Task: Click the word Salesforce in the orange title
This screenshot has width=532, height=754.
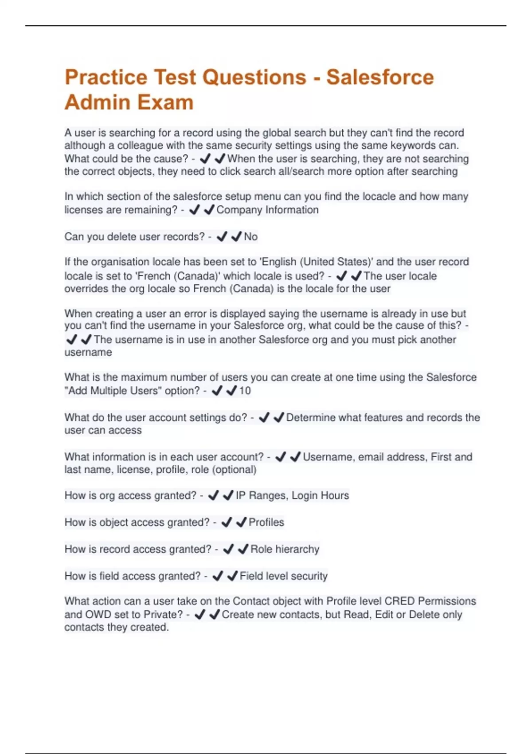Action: [380, 77]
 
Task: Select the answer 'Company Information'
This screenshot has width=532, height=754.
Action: [267, 210]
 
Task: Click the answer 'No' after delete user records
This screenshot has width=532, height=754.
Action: [250, 237]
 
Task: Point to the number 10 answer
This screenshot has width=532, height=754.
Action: [245, 391]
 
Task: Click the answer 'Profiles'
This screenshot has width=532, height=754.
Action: [266, 522]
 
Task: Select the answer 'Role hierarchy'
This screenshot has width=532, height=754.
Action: [285, 549]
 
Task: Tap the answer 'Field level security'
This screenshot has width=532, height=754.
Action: [283, 576]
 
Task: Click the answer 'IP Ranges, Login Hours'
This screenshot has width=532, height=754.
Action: [292, 495]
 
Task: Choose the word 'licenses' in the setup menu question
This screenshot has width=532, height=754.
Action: [83, 210]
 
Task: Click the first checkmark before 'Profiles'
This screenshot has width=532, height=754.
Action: [227, 522]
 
